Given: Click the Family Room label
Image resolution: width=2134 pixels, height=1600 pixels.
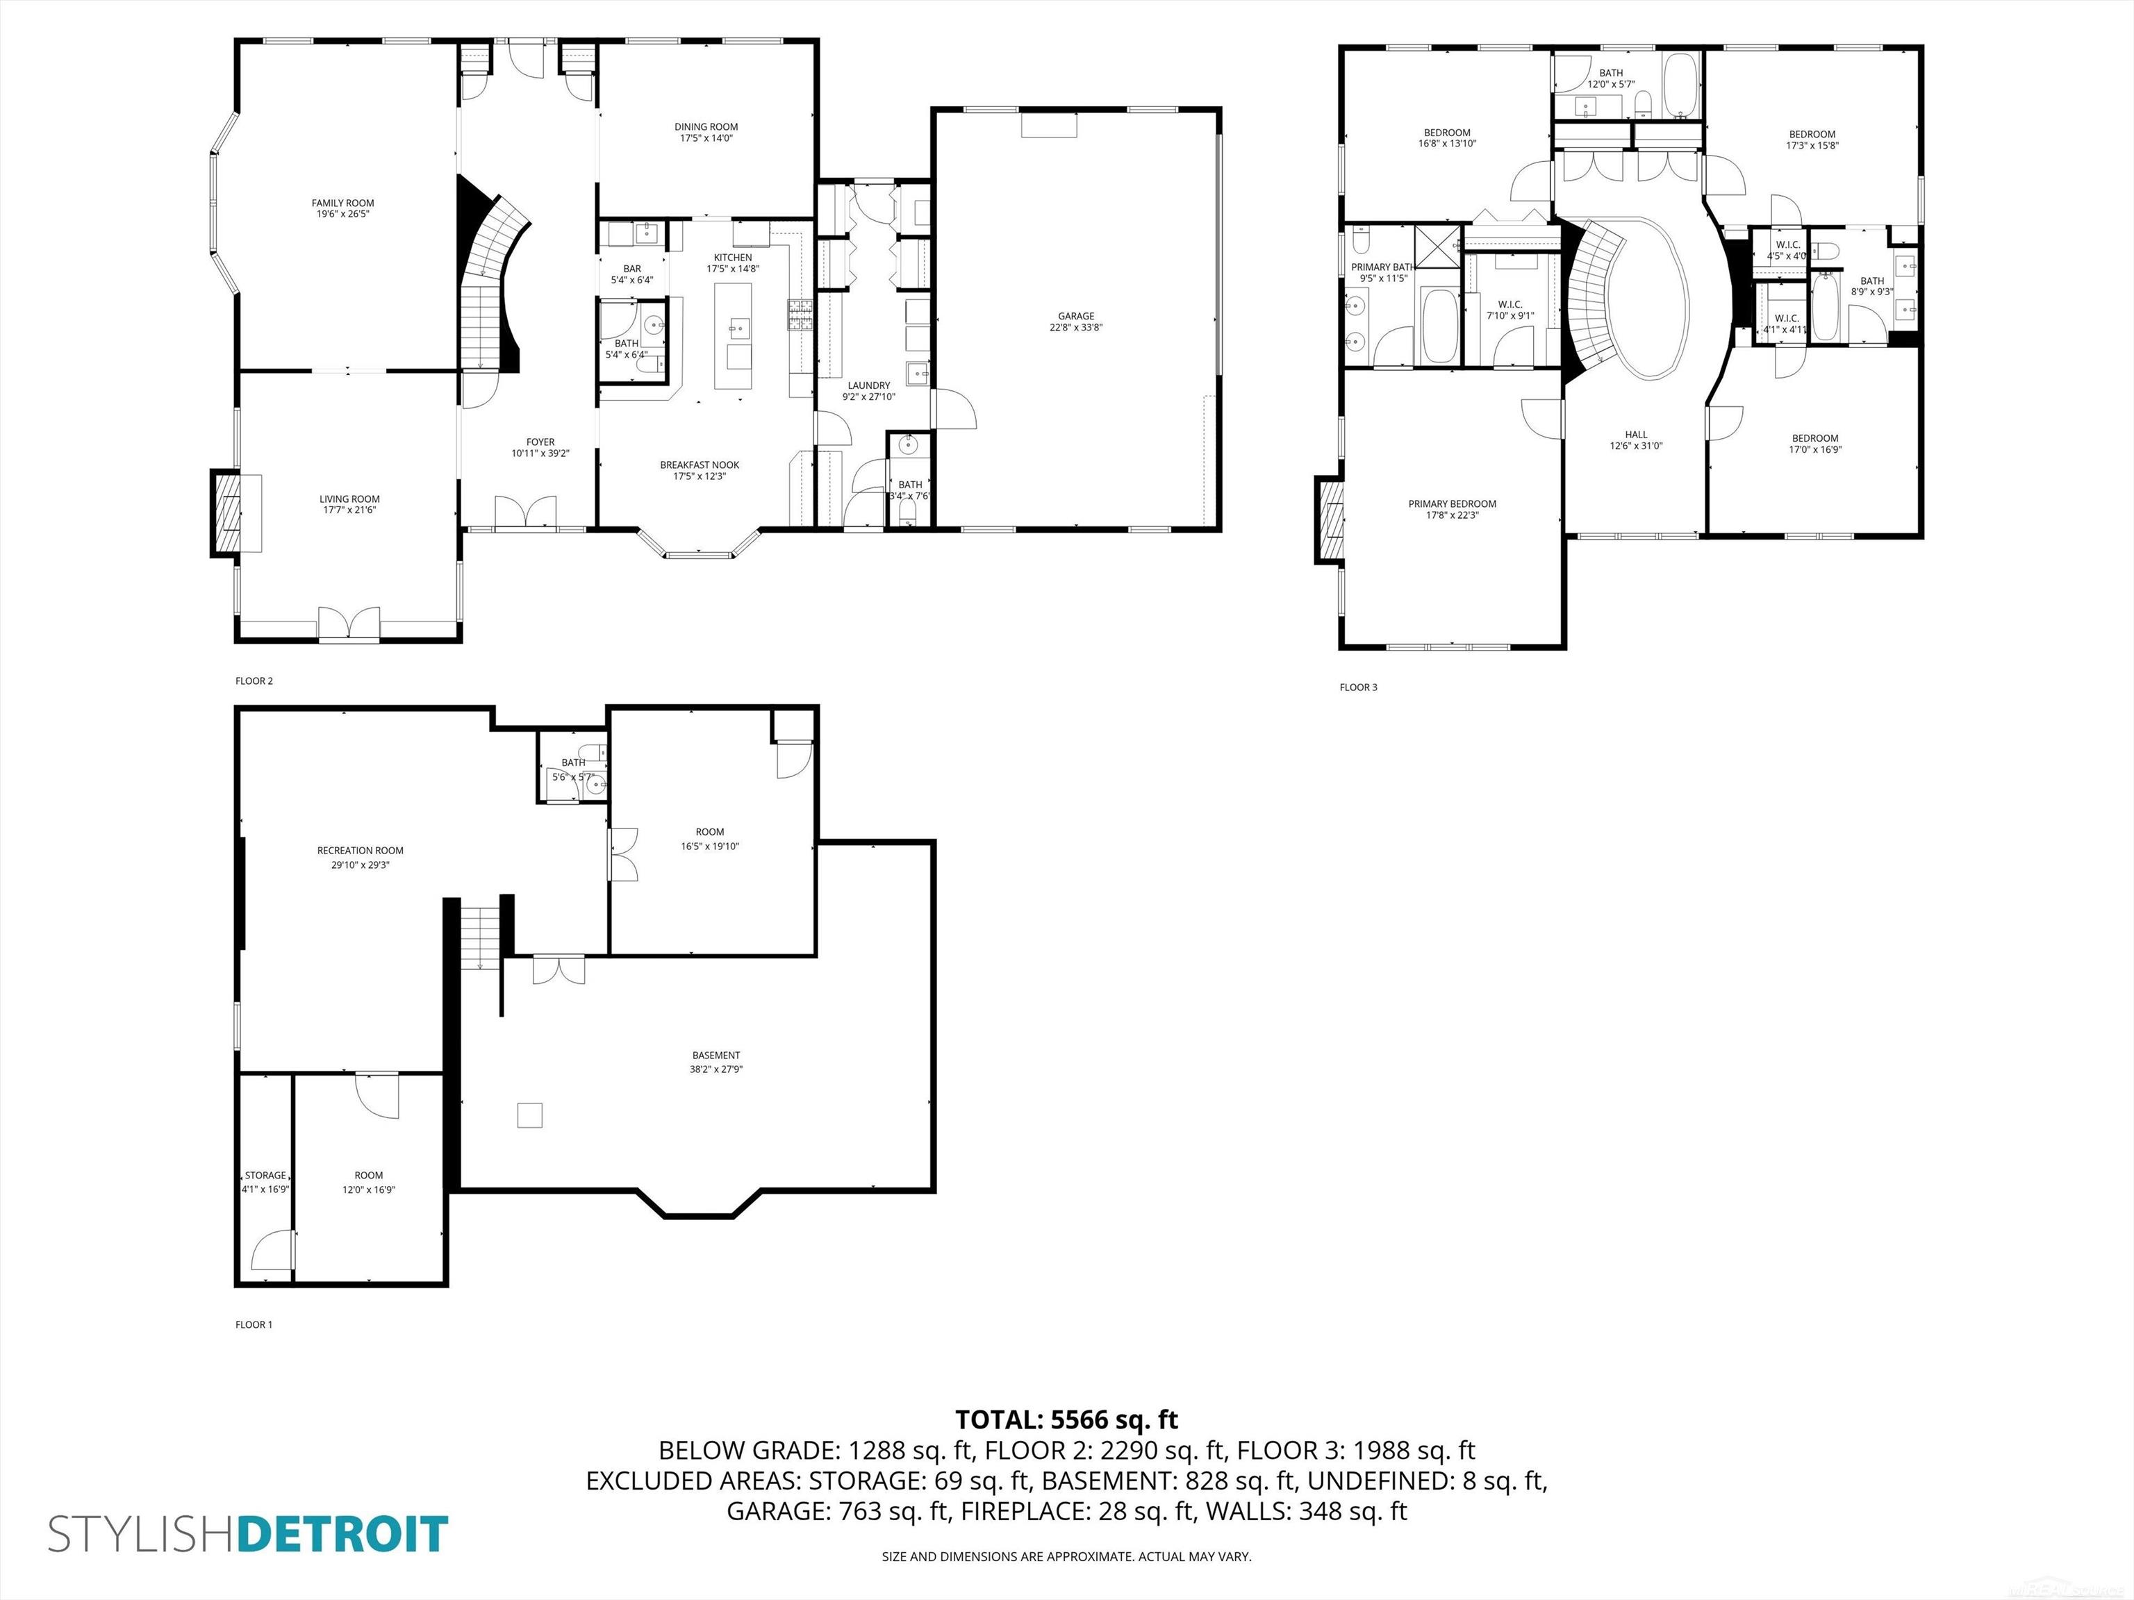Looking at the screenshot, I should [x=342, y=203].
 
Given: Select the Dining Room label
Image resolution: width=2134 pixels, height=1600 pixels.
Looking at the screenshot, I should [x=706, y=127].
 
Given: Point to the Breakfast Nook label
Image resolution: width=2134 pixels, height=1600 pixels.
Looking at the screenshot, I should [x=700, y=465].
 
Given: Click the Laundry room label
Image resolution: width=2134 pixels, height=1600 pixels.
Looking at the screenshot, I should [x=868, y=386].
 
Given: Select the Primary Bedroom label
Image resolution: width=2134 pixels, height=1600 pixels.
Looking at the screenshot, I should [x=1452, y=503].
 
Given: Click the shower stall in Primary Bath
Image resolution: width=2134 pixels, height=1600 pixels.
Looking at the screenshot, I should [x=1437, y=245].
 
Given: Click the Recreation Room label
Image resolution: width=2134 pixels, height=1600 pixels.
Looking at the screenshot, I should [x=360, y=851].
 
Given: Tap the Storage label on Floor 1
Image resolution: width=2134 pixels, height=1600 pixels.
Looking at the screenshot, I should [x=265, y=1175].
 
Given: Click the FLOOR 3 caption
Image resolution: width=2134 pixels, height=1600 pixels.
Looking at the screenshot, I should [x=1358, y=687].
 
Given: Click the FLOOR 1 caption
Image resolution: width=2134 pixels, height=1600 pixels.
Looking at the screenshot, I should [x=254, y=1324].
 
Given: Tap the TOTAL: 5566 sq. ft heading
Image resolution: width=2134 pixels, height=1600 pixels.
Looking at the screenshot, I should [x=1066, y=1419].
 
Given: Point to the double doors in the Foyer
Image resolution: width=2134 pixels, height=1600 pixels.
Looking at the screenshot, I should [x=526, y=511].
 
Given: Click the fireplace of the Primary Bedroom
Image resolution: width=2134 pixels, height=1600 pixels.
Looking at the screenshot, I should [x=1328, y=521].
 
